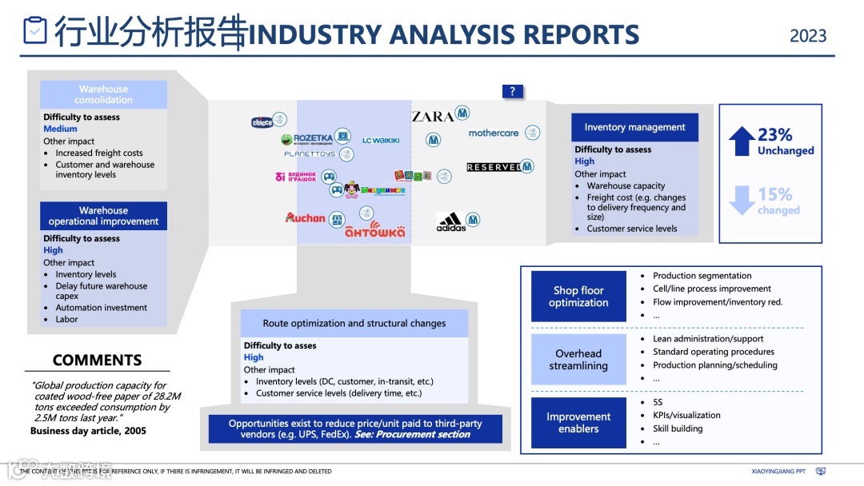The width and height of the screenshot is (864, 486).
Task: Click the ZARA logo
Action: click(433, 117)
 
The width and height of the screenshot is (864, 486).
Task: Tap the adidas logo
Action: click(450, 221)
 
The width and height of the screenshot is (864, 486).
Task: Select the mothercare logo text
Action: click(494, 133)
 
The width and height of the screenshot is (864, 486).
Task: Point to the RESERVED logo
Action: click(494, 167)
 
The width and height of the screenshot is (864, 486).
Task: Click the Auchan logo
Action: click(306, 217)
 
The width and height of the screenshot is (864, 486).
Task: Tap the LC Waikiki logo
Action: click(381, 141)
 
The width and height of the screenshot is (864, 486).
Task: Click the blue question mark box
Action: click(512, 91)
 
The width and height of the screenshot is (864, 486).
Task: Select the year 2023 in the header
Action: click(808, 36)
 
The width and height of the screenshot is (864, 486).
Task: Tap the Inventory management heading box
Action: click(634, 127)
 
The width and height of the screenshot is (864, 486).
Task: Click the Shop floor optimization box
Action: click(578, 297)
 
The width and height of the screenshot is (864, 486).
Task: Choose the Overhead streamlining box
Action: click(578, 360)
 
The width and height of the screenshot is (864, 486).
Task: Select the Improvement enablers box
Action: click(578, 423)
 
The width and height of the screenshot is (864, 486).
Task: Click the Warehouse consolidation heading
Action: click(103, 94)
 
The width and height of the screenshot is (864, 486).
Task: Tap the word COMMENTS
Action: click(97, 360)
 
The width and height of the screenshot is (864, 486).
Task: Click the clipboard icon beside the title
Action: click(35, 30)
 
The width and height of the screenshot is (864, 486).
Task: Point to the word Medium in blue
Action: click(61, 129)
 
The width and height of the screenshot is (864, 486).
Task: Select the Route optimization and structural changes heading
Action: click(354, 324)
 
